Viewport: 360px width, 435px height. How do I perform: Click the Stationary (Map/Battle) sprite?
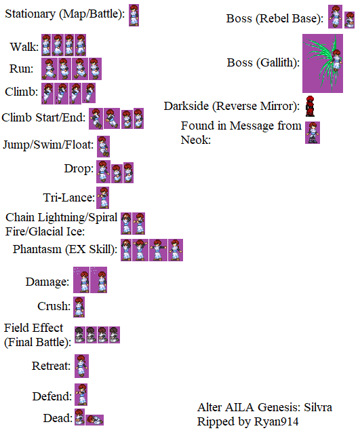[134, 15]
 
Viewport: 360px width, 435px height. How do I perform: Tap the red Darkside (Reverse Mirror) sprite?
[310, 106]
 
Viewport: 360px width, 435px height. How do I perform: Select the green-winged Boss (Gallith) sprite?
[323, 63]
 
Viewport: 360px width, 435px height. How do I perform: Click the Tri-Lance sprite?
[103, 197]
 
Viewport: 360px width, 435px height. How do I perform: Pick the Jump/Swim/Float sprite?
[103, 147]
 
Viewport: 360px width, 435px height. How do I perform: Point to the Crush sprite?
[79, 307]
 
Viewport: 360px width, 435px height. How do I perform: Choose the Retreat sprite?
[81, 366]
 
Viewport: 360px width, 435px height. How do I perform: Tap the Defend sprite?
[81, 394]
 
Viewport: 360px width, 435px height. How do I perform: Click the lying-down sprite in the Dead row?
[94, 420]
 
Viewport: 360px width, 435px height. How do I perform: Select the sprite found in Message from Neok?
[313, 132]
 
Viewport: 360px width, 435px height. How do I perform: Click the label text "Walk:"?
[24, 47]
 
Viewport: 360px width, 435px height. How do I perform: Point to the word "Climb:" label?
[21, 92]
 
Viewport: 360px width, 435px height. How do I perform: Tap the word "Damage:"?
[47, 282]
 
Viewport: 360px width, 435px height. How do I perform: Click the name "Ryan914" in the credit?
[277, 421]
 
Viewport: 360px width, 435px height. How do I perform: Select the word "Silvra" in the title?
[318, 407]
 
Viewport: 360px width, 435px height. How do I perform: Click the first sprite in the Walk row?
[46, 45]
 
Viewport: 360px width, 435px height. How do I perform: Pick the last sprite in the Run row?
[96, 69]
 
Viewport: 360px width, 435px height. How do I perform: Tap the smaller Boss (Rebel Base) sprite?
[349, 20]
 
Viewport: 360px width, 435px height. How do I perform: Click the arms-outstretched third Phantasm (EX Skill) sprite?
[158, 250]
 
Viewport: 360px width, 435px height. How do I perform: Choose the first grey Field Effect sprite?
[80, 335]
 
